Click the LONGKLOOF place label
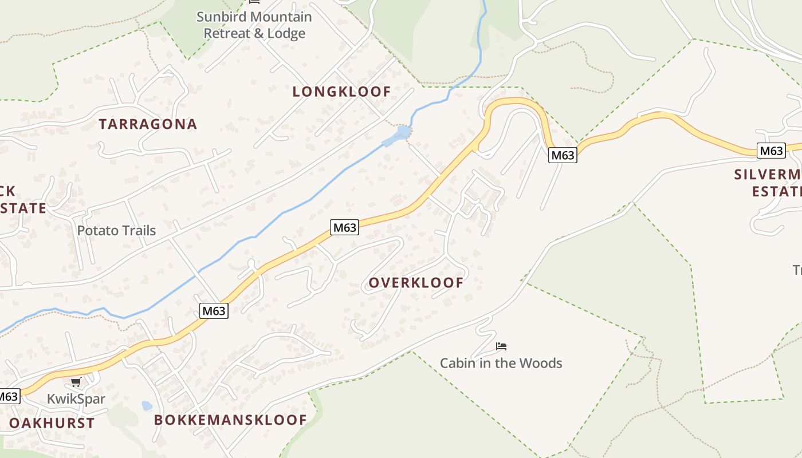point(341,92)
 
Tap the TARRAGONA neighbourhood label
point(148,124)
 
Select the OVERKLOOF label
point(416,283)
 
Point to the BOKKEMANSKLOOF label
point(230,420)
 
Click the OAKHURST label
point(52,424)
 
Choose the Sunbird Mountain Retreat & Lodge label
point(254,25)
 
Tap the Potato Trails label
point(116,231)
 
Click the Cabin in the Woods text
point(501,363)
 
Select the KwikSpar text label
point(76,399)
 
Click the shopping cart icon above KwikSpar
point(76,382)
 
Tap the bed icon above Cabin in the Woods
point(501,346)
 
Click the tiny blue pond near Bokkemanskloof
point(147,406)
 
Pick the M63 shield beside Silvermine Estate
point(770,151)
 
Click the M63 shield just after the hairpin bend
point(562,155)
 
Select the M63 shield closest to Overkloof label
point(345,227)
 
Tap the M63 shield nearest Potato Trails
point(214,311)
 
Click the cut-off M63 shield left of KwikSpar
point(9,396)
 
